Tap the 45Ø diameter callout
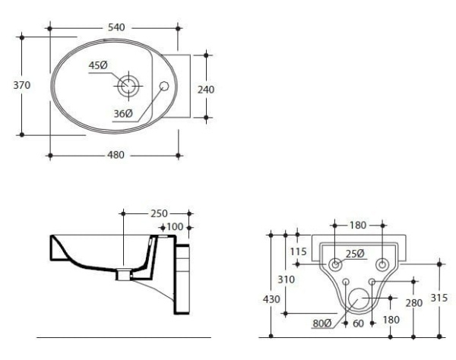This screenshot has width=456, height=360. [99, 66]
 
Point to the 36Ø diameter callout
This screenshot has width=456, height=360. [124, 113]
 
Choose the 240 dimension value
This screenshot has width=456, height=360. [205, 89]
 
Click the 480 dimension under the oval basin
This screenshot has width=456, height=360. [115, 155]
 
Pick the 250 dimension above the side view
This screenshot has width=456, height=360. [158, 213]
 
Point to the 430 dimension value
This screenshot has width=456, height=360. [271, 299]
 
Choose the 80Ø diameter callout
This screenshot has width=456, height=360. [322, 324]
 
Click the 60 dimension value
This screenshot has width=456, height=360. [358, 324]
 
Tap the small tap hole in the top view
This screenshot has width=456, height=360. [163, 86]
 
